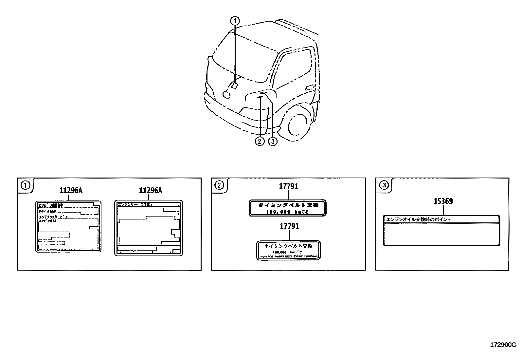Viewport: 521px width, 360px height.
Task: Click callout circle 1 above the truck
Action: (235, 21)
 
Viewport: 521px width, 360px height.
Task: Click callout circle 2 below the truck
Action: (260, 142)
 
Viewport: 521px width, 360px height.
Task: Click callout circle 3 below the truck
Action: (273, 142)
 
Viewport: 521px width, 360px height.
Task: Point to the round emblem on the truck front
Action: (226, 95)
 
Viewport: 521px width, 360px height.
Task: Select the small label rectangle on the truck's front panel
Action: (235, 86)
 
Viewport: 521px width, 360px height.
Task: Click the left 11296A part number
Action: (71, 190)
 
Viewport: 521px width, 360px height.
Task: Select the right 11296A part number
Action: (151, 190)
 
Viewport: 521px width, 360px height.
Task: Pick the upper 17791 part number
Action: (288, 186)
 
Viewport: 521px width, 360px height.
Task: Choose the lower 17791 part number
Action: (289, 226)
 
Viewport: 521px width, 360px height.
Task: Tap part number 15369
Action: (443, 201)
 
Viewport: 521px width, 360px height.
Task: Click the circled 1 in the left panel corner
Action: (25, 185)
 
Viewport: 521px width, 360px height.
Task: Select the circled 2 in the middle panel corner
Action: (219, 185)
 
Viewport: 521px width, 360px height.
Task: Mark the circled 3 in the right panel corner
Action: (384, 185)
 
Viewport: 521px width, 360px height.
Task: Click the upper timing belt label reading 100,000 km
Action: (288, 208)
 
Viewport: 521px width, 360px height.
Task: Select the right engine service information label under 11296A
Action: (149, 228)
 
